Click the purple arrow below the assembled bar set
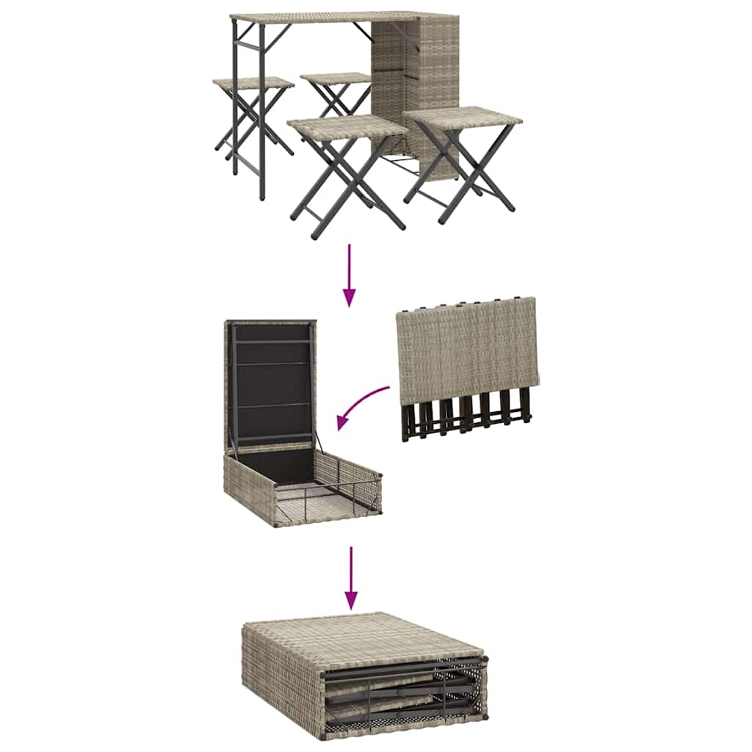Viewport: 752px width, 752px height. point(350,275)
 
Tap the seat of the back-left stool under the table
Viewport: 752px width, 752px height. point(253,83)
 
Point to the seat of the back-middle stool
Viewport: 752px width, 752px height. point(336,78)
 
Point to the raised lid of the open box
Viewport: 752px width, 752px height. point(270,382)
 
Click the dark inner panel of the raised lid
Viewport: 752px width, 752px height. point(270,389)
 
